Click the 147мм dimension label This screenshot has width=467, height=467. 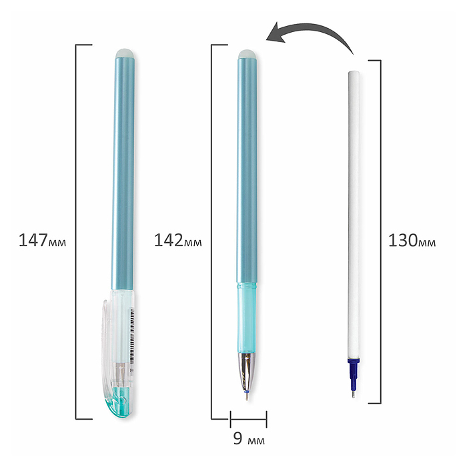tap(42, 240)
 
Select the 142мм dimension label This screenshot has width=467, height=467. tap(178, 240)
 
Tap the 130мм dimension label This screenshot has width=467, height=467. tap(412, 240)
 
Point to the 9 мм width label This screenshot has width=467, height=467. tap(249, 438)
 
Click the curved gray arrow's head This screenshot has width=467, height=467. tap(275, 33)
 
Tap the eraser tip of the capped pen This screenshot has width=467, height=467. tap(125, 53)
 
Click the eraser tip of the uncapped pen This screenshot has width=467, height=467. tap(248, 54)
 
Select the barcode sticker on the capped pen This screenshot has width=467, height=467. tap(131, 336)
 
